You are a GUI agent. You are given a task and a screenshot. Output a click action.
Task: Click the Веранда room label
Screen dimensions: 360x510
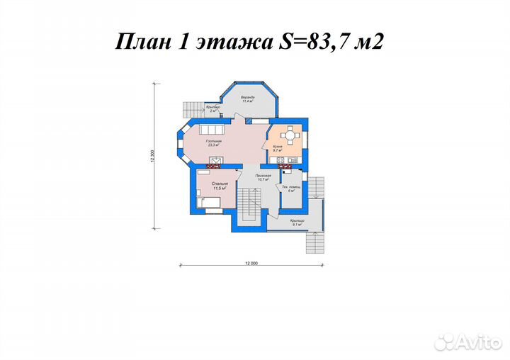pyautogui.click(x=247, y=99)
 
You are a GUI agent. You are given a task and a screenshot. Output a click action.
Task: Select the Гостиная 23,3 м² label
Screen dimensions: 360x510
pyautogui.click(x=215, y=142)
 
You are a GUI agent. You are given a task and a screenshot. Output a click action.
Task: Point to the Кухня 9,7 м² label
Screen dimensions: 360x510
pyautogui.click(x=278, y=149)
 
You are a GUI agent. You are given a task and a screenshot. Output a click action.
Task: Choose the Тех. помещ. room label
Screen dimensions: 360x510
pyautogui.click(x=291, y=189)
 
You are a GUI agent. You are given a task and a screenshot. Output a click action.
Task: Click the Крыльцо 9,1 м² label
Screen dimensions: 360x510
pyautogui.click(x=297, y=223)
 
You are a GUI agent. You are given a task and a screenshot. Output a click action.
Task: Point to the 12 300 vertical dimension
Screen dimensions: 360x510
pyautogui.click(x=152, y=157)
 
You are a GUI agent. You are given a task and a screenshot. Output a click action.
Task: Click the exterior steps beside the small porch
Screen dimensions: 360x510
pyautogui.click(x=192, y=109)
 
